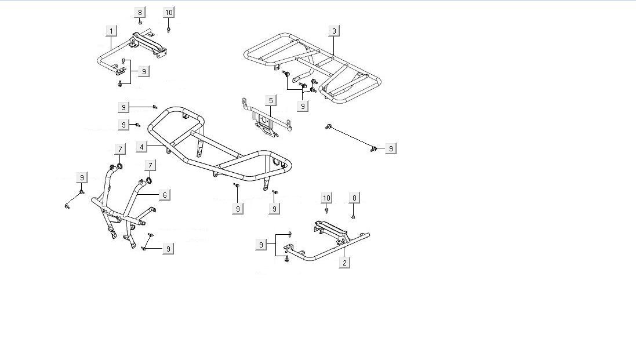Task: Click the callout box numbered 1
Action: (x=111, y=30)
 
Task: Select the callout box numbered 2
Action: (x=344, y=263)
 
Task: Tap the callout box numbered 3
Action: (x=334, y=30)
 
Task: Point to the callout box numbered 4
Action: (x=141, y=147)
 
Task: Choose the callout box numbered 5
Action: (x=271, y=101)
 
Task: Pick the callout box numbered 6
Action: (x=165, y=195)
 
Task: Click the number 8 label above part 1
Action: (x=140, y=12)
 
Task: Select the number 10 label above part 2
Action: (x=326, y=198)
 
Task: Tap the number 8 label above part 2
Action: (x=355, y=198)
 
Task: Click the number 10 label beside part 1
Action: (x=169, y=12)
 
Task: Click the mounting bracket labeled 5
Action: (x=266, y=122)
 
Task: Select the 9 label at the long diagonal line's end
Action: (x=391, y=149)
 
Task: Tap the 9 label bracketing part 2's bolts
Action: (x=261, y=245)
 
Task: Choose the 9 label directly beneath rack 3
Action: (x=303, y=106)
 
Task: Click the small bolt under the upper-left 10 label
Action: (x=168, y=28)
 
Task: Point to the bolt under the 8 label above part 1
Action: (x=140, y=22)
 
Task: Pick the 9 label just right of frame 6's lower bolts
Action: (x=168, y=248)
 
